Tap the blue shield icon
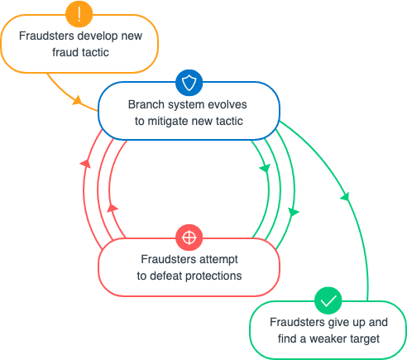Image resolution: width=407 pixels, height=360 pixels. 189,82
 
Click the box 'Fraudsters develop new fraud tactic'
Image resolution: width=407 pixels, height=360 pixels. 79,43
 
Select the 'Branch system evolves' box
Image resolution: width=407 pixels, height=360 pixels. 189,113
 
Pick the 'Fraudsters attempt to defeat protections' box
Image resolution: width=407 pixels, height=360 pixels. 189,267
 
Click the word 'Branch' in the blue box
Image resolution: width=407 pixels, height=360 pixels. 146,105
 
